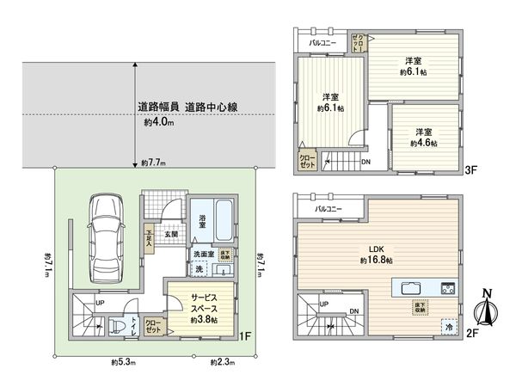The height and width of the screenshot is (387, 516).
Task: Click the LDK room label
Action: point(375,247)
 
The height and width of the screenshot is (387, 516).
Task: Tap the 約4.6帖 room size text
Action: point(422,143)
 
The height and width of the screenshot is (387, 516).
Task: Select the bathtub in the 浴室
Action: point(222,220)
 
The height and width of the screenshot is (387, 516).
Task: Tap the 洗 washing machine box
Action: point(199,269)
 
